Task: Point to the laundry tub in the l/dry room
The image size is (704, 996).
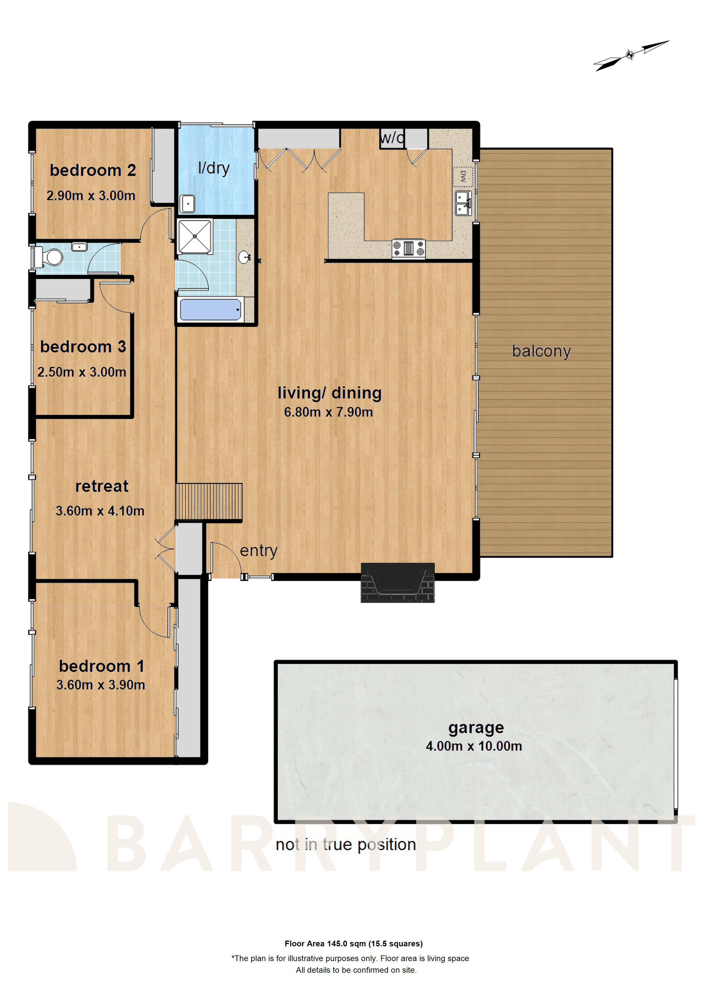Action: point(188,204)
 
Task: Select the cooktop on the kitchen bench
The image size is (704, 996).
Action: point(408,248)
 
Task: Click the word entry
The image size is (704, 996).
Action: point(259,551)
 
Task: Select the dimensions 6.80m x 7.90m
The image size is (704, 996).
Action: point(328,412)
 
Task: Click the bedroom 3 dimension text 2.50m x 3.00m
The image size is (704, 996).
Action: point(81,372)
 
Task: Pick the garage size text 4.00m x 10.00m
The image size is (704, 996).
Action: point(474,746)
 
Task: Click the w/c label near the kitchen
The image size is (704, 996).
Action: point(392,138)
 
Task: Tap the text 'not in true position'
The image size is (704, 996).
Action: point(346,845)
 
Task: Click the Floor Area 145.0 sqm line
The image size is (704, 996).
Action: point(353,943)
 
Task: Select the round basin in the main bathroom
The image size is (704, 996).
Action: point(244,257)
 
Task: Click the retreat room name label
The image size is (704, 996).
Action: point(102,486)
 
